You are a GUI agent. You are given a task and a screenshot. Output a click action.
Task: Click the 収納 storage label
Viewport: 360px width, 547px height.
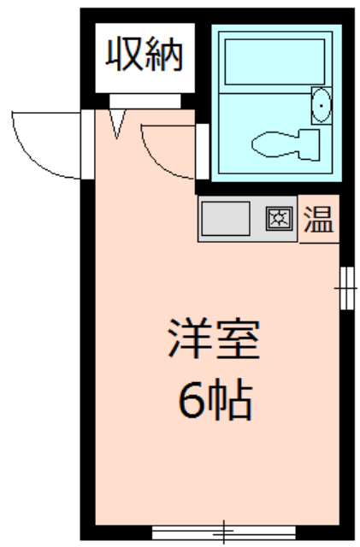(x=145, y=54)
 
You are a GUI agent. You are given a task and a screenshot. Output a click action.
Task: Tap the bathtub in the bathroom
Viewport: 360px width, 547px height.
(x=274, y=62)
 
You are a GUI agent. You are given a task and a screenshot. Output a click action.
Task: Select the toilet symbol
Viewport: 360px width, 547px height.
(x=286, y=144)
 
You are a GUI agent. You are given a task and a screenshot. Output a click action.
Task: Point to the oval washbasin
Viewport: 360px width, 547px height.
(x=321, y=105)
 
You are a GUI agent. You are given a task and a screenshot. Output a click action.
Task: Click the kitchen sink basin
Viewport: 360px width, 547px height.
(x=226, y=219)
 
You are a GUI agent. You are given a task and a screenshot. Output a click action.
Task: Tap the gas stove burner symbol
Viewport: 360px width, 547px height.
(x=279, y=219)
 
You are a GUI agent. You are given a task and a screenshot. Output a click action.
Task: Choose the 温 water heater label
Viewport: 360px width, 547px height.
(x=319, y=219)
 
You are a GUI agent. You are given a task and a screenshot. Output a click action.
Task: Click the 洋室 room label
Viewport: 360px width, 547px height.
(x=214, y=338)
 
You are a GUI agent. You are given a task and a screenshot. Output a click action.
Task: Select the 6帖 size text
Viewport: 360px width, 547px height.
(x=215, y=400)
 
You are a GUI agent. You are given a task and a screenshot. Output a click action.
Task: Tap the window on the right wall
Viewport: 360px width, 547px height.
(x=346, y=288)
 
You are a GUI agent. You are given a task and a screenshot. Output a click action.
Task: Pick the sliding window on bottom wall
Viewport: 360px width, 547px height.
(x=223, y=532)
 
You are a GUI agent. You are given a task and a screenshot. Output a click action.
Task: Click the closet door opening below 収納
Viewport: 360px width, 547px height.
(x=145, y=101)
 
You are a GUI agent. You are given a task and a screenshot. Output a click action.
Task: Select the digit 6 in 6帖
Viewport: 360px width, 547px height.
(x=192, y=400)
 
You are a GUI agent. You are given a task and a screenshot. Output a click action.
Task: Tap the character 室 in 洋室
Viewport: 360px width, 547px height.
(x=239, y=338)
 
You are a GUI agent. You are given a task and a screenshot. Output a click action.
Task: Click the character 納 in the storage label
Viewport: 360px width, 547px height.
(x=164, y=54)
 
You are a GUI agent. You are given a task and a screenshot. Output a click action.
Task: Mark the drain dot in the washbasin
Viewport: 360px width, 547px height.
(x=321, y=105)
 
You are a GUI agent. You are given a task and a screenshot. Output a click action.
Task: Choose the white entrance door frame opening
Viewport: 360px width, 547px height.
(x=87, y=144)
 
